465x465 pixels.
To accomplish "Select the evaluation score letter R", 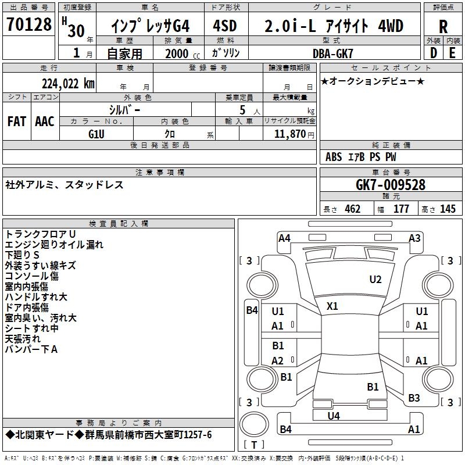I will point(443,27).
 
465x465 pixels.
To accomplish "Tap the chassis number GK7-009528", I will point(390,185).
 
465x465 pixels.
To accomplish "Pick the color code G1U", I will point(96,134).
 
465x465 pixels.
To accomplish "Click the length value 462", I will point(352,209).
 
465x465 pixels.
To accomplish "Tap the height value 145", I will point(448,209).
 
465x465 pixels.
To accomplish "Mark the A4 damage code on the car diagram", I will point(284,238).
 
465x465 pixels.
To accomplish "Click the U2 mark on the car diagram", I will point(375,280).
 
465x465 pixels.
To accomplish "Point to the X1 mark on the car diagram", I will point(332,306).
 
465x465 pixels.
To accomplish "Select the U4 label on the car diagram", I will point(334,416).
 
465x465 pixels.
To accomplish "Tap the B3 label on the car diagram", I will point(414,398).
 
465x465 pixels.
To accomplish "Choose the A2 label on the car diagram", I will point(278,360).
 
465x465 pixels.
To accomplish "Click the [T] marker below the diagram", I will point(254,445).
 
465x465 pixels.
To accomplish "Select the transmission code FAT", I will point(17,121).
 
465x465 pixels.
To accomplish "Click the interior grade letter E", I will point(452,53).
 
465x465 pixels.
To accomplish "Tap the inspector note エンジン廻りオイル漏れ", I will point(54,245).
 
